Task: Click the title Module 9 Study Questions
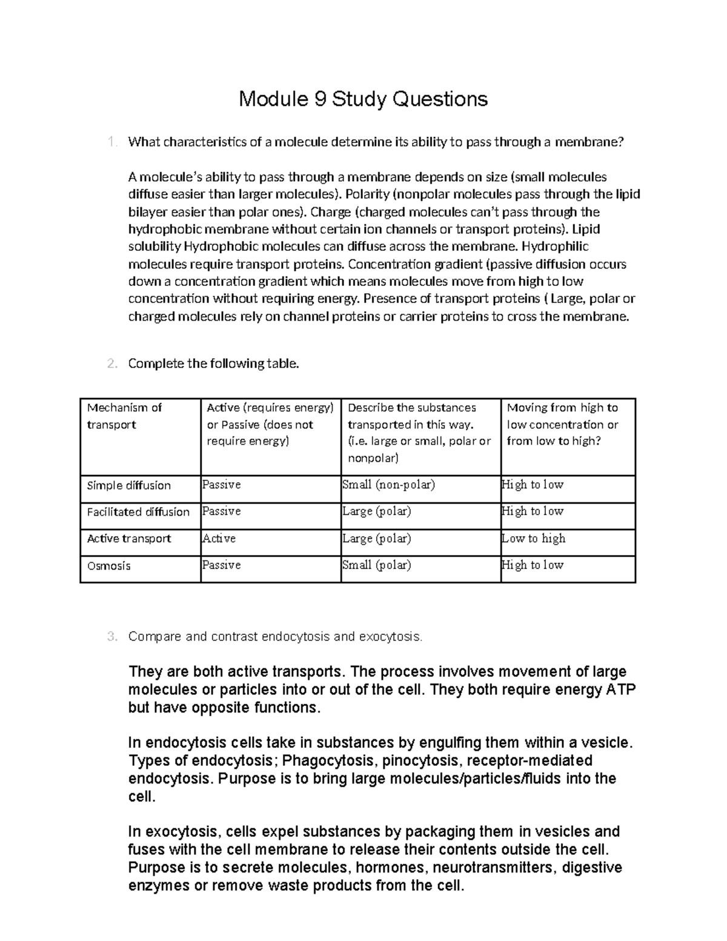363,98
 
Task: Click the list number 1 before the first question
111,142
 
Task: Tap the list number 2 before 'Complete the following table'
111,364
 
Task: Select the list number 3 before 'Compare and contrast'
111,637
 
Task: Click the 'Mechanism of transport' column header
124,416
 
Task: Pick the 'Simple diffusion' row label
129,485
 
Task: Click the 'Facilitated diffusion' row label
138,512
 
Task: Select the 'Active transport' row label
129,539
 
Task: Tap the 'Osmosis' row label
109,565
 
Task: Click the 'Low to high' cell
534,538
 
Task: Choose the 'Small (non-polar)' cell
388,485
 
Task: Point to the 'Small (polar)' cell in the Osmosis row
376,565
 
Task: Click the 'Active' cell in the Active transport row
219,538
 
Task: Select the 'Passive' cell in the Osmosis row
222,565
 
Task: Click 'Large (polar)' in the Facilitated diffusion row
376,511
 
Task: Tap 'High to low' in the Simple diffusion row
533,485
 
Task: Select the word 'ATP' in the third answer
621,690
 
